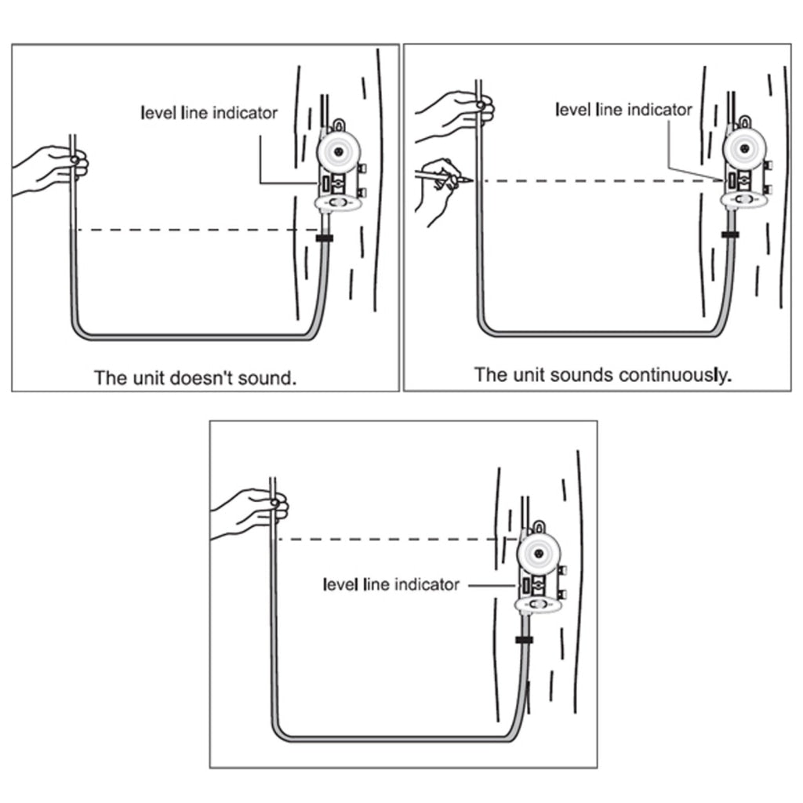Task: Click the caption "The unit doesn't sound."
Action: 195,378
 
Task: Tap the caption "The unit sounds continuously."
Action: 603,375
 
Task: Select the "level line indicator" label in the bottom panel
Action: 391,584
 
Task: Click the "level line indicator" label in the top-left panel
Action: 209,113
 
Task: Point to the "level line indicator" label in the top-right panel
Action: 623,110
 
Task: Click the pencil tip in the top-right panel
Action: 471,180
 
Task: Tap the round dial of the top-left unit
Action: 338,152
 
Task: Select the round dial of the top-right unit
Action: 744,149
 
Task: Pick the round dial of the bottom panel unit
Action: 538,554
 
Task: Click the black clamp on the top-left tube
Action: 324,238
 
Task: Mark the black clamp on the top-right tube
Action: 730,234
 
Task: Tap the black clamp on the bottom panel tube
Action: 525,640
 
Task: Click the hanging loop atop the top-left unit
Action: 339,125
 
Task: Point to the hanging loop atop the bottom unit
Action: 539,526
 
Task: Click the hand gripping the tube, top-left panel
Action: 51,169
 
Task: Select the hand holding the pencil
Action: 438,191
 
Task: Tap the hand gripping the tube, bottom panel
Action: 251,512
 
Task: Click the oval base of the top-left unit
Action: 338,203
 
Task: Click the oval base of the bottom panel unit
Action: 538,605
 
